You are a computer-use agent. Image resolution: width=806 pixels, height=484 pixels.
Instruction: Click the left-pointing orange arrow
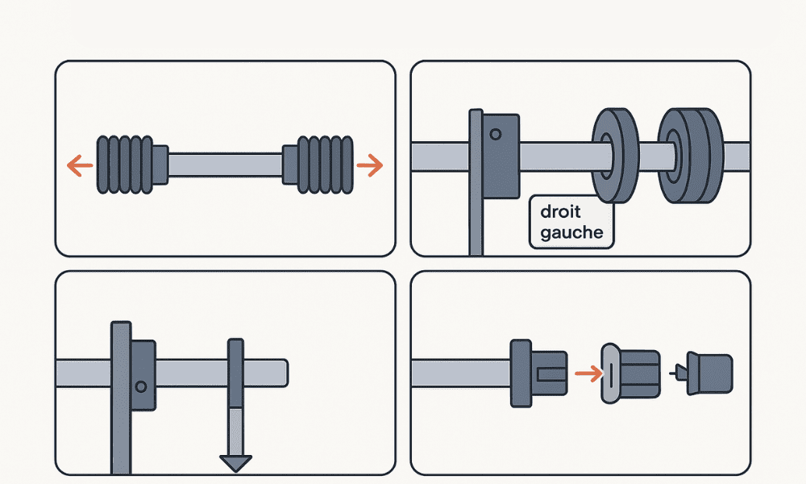pos(77,167)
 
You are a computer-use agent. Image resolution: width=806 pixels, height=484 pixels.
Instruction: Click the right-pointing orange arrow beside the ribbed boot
pos(370,166)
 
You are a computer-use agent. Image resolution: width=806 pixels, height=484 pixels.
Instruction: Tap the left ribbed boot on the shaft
pos(125,164)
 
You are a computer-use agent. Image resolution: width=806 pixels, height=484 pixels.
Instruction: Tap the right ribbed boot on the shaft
pos(325,164)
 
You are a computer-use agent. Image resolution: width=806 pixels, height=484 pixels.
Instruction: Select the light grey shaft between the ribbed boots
pos(225,164)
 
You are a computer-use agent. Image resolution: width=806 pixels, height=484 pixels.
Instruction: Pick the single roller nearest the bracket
pos(615,155)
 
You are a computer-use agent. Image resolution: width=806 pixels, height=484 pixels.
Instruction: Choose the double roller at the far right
pos(688,155)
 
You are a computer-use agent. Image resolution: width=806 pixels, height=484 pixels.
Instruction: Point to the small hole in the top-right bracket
pos(496,133)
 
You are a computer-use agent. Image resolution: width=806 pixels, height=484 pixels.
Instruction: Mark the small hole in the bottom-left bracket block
pos(142,386)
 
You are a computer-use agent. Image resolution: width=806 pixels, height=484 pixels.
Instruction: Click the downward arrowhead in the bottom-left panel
pos(236,464)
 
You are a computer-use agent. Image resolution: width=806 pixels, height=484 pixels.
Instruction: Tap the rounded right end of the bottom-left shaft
pos(282,372)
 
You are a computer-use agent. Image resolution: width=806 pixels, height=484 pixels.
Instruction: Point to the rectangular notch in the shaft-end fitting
pos(550,373)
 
